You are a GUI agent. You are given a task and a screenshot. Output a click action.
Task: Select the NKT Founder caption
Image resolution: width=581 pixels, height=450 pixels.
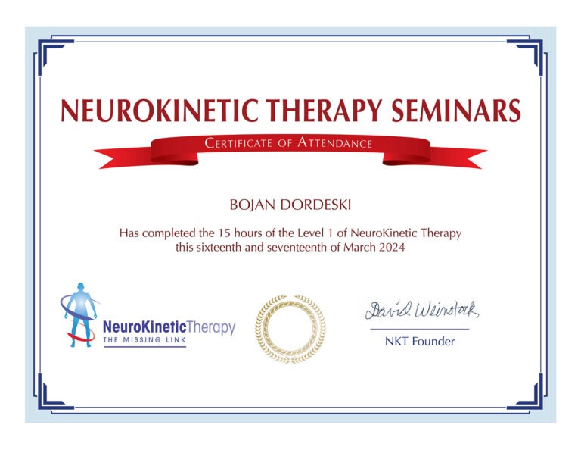[420, 342]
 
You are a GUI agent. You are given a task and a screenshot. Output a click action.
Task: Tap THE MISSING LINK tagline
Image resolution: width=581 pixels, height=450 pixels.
[144, 341]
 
